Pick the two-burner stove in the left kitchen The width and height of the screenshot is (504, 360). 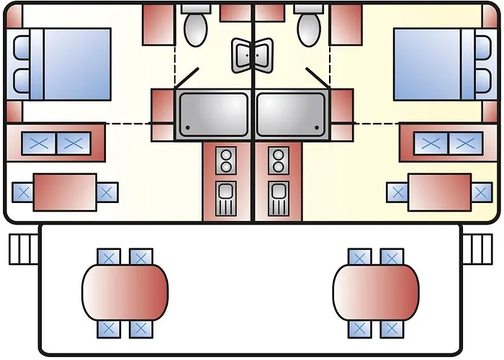pyautogui.click(x=226, y=161)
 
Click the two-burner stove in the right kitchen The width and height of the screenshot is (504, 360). pyautogui.click(x=278, y=161)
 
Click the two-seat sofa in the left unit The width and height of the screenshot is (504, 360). pyautogui.click(x=57, y=143)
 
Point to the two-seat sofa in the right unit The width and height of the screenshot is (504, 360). pyautogui.click(x=447, y=143)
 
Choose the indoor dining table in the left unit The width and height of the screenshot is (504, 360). pyautogui.click(x=65, y=192)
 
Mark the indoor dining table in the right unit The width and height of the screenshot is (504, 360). pyautogui.click(x=439, y=192)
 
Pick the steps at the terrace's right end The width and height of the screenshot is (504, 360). pyautogui.click(x=477, y=248)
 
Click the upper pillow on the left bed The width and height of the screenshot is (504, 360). pyautogui.click(x=22, y=48)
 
